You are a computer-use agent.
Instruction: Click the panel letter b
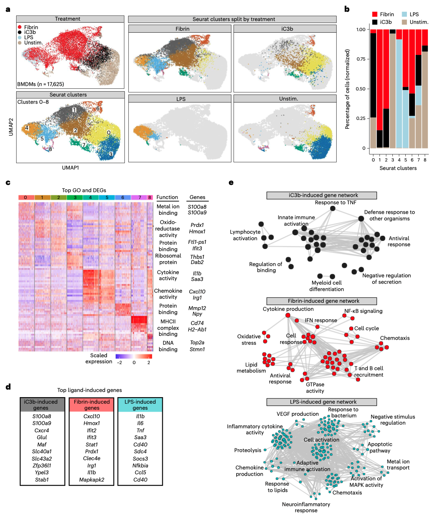(347, 9)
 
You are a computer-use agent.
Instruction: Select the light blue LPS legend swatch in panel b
(404, 14)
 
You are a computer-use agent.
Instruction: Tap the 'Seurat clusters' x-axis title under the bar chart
(398, 168)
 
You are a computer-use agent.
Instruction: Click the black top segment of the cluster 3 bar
(392, 31)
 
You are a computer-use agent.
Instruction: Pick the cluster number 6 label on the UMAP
(98, 109)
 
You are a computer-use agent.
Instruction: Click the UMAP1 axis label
(70, 167)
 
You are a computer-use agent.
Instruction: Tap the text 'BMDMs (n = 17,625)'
(40, 84)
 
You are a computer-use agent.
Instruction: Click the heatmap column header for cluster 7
(140, 197)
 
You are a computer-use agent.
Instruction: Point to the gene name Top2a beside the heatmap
(197, 343)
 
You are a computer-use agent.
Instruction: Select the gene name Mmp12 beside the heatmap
(197, 308)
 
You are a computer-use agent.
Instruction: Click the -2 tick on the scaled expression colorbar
(119, 362)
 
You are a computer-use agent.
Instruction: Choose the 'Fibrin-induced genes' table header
(92, 405)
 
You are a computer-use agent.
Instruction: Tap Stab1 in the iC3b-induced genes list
(42, 479)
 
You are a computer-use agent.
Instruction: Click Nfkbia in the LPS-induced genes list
(140, 465)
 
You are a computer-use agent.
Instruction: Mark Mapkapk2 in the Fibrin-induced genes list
(92, 479)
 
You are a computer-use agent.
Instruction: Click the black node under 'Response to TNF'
(333, 208)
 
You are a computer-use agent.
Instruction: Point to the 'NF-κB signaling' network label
(363, 311)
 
